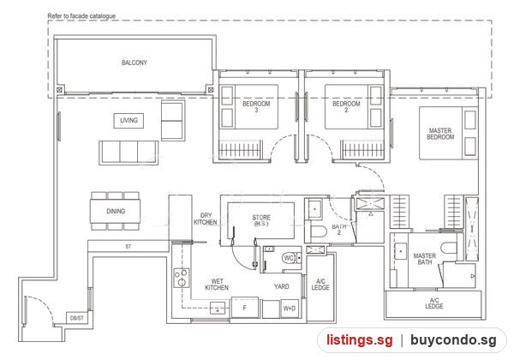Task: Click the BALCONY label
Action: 134,63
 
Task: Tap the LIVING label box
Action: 128,120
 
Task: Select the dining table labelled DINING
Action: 116,211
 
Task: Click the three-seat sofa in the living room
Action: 128,153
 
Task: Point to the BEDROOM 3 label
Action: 256,107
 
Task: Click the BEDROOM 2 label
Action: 346,107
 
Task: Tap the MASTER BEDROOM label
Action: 440,134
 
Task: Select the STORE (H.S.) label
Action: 261,220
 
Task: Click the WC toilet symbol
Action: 291,258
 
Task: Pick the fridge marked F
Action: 244,308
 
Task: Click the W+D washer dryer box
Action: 290,309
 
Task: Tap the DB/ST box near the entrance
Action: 77,318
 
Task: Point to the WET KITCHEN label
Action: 217,285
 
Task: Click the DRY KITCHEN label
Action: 206,219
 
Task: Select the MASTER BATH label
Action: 425,259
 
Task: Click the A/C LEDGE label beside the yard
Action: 320,285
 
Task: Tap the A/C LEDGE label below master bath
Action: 434,303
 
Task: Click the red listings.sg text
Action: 359,340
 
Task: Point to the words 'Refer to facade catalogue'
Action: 81,15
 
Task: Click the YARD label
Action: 282,286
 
